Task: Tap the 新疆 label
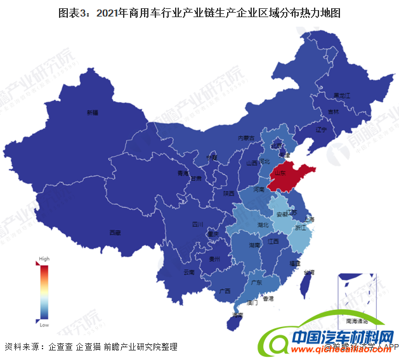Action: click(93, 112)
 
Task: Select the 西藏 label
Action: click(115, 232)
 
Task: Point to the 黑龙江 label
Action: click(342, 95)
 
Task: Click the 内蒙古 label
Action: click(245, 137)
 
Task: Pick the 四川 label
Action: click(197, 225)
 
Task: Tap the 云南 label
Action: click(188, 272)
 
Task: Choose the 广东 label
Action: click(257, 281)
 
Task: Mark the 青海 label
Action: click(183, 173)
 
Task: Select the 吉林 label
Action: click(333, 112)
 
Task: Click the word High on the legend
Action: click(44, 259)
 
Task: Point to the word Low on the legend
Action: click(44, 325)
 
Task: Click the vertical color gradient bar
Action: click(44, 292)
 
